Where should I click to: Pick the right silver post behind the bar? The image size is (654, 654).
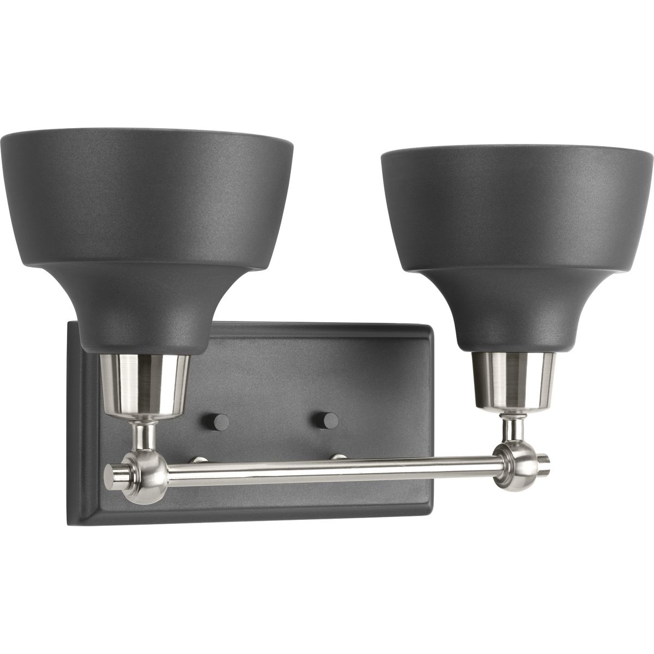(340, 455)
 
